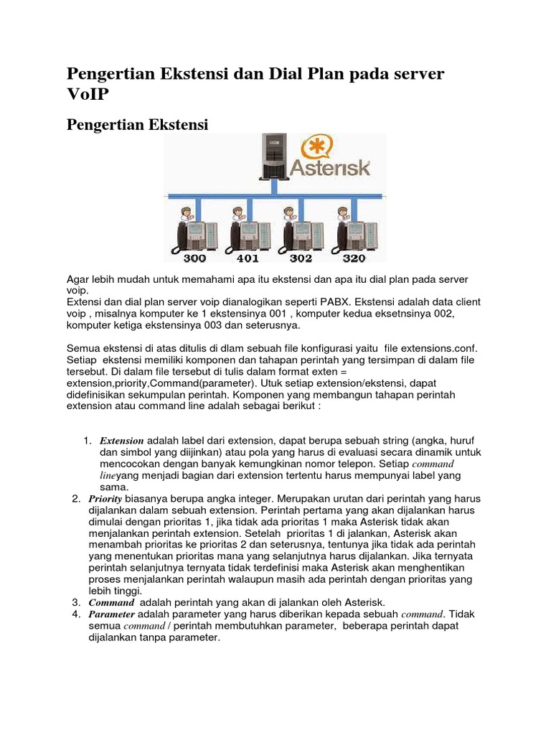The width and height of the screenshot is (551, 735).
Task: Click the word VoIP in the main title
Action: pyautogui.click(x=89, y=97)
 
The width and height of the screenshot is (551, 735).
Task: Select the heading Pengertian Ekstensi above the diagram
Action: pyautogui.click(x=137, y=125)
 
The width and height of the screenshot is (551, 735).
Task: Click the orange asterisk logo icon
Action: pyautogui.click(x=316, y=148)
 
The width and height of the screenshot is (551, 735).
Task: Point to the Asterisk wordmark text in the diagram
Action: pyautogui.click(x=330, y=169)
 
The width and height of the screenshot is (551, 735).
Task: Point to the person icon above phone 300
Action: pyautogui.click(x=186, y=213)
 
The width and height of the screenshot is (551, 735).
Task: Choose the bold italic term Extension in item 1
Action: pyautogui.click(x=121, y=440)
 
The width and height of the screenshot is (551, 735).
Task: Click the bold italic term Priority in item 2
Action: pyautogui.click(x=105, y=498)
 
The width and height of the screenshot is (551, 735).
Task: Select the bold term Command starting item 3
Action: pyautogui.click(x=111, y=602)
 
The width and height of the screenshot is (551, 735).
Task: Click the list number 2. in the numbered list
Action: pyautogui.click(x=76, y=498)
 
